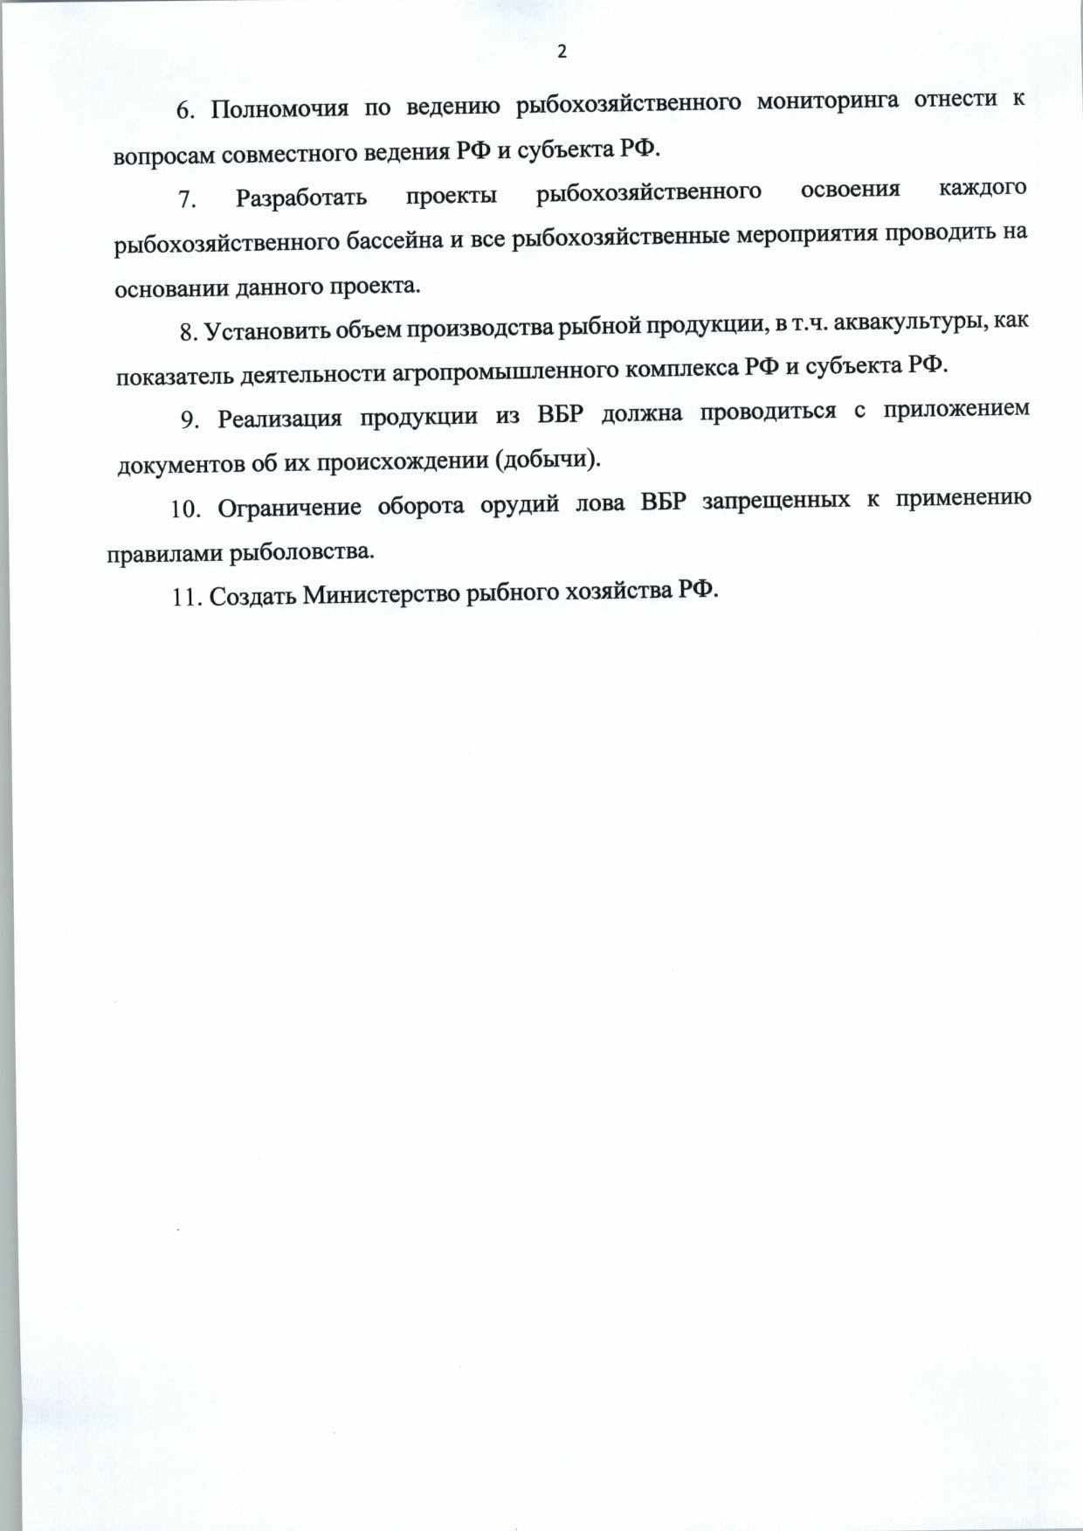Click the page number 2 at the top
562,52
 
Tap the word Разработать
301,197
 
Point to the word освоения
851,190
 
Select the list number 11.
188,598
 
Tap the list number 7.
186,199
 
